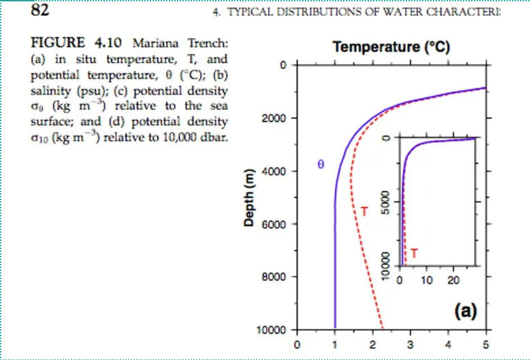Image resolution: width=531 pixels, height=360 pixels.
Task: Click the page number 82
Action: [x=40, y=11]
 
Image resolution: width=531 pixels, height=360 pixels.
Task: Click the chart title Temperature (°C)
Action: [x=391, y=48]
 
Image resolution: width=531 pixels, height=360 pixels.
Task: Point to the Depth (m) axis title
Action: [x=250, y=198]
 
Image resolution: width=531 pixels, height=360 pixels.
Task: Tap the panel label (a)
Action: [x=465, y=311]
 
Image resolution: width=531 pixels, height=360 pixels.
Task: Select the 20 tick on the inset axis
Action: [x=454, y=279]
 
